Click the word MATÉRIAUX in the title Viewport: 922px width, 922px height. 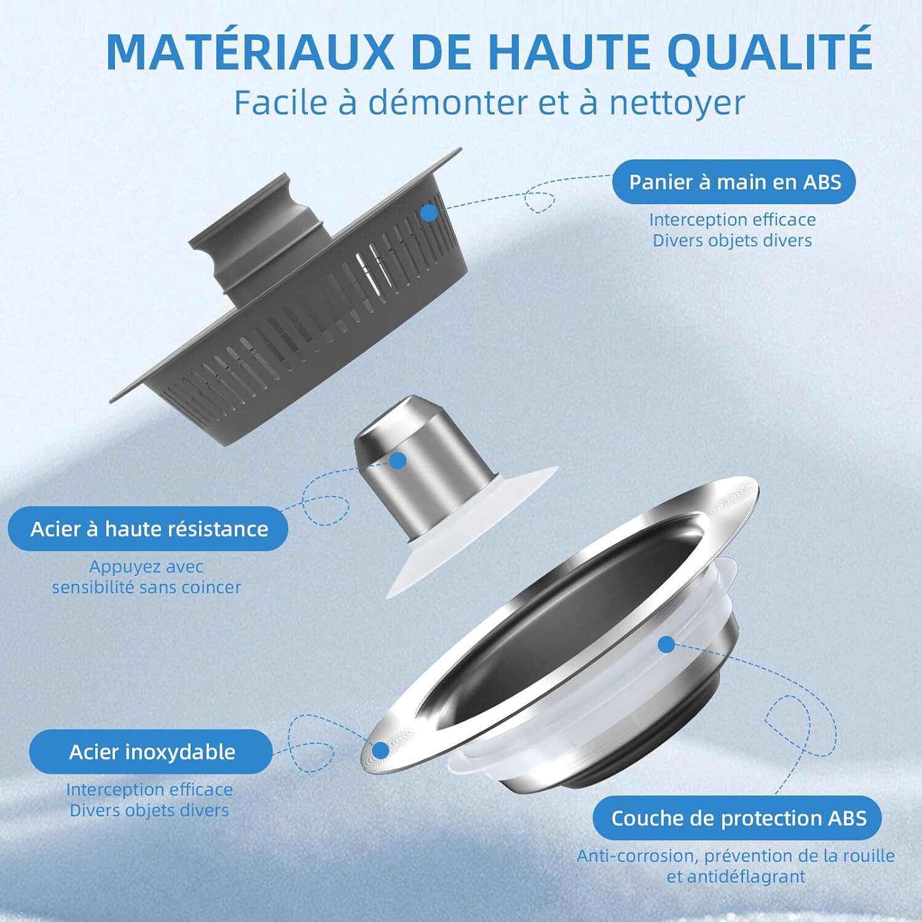click(x=250, y=52)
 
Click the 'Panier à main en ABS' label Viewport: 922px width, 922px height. click(x=734, y=182)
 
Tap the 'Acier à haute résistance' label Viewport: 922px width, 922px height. click(x=148, y=529)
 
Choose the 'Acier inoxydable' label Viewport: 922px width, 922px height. click(x=151, y=752)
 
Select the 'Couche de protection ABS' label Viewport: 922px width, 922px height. click(x=738, y=818)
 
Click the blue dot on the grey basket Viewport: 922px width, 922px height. click(x=429, y=213)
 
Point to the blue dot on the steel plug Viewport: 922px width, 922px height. click(x=398, y=461)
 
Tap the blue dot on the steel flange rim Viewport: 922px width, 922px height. click(x=381, y=751)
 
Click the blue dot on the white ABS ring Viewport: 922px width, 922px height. click(x=666, y=645)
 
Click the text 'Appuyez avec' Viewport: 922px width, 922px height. click(x=146, y=567)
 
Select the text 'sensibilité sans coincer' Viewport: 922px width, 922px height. click(x=146, y=588)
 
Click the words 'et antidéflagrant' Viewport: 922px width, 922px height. click(x=736, y=877)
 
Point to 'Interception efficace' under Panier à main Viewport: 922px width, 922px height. click(x=732, y=219)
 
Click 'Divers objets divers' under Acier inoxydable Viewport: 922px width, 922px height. click(x=149, y=810)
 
